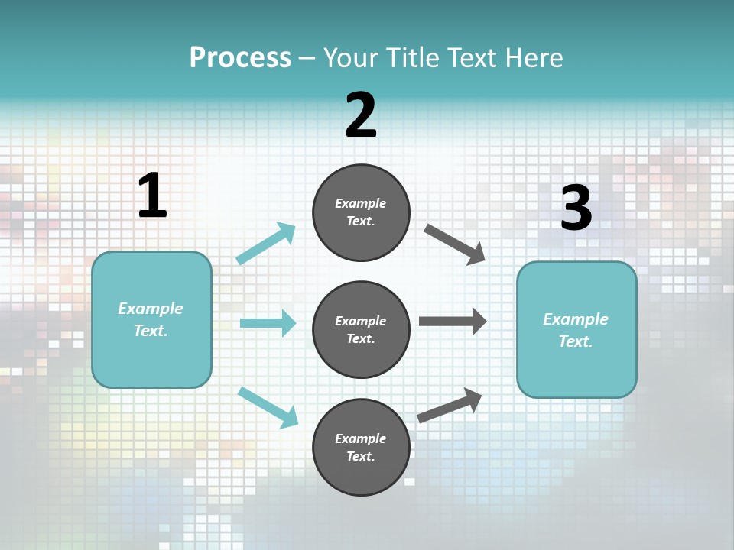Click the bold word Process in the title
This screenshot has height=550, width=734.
tap(240, 57)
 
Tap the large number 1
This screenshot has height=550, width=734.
tap(152, 196)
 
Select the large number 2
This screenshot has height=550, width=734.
tap(361, 115)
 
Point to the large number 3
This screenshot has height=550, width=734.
tap(576, 209)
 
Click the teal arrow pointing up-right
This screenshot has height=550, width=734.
tap(266, 243)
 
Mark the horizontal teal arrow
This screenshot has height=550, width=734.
tap(268, 323)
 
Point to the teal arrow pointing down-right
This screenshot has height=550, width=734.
tap(268, 407)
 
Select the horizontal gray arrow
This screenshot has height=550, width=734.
tap(453, 322)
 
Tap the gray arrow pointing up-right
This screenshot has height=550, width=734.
tap(450, 405)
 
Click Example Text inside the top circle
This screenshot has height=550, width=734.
tap(361, 212)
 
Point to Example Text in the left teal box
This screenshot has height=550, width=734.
tap(151, 319)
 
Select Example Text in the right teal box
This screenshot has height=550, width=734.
tap(576, 330)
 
